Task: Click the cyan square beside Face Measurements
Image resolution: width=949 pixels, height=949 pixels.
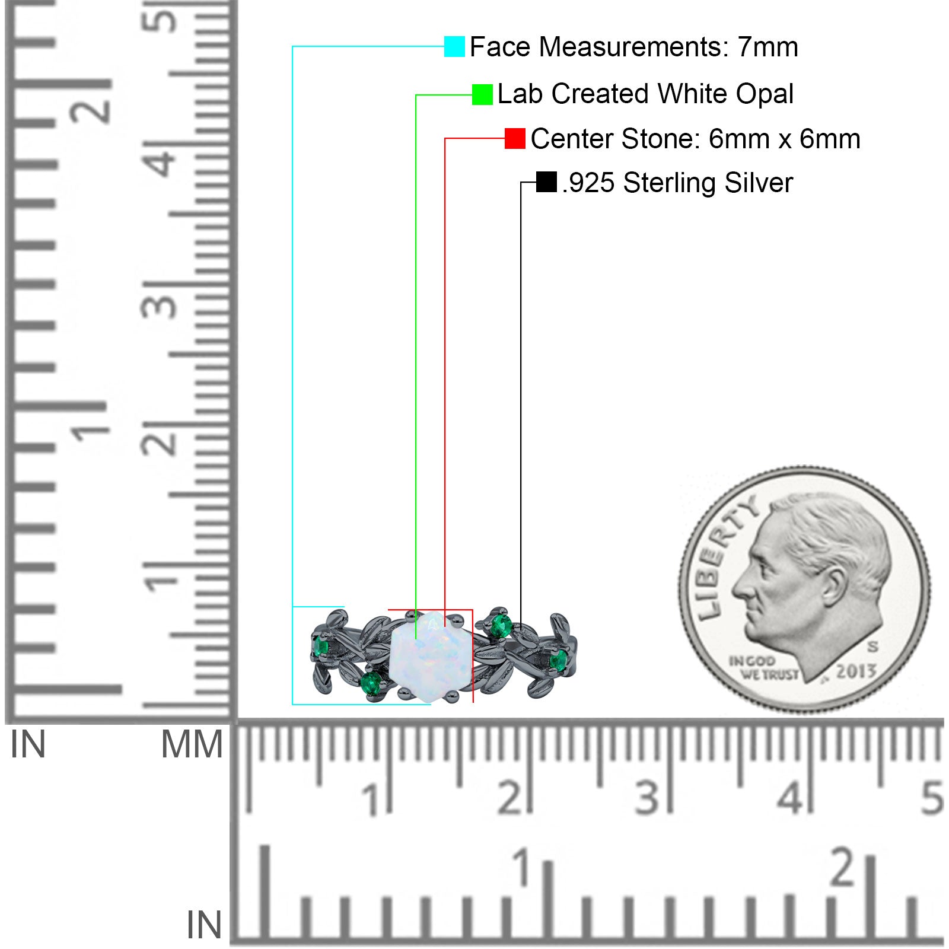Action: pos(454,46)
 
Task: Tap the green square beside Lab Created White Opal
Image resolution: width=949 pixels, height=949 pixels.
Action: pos(482,94)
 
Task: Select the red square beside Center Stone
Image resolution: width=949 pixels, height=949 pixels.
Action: pos(515,139)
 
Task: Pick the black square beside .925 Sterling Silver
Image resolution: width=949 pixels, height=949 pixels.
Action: pos(546,182)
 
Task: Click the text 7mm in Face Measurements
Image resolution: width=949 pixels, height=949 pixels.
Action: pos(768,47)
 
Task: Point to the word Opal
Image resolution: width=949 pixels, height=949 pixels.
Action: pos(764,94)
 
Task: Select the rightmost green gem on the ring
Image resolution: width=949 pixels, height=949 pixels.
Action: pos(558,660)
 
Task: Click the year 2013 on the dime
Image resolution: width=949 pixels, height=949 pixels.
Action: pos(856,671)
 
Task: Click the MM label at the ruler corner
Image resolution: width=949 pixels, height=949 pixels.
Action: pos(192,744)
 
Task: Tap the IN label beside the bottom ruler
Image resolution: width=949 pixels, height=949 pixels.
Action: pos(204,925)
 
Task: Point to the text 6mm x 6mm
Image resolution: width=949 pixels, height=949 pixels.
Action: pos(784,139)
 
